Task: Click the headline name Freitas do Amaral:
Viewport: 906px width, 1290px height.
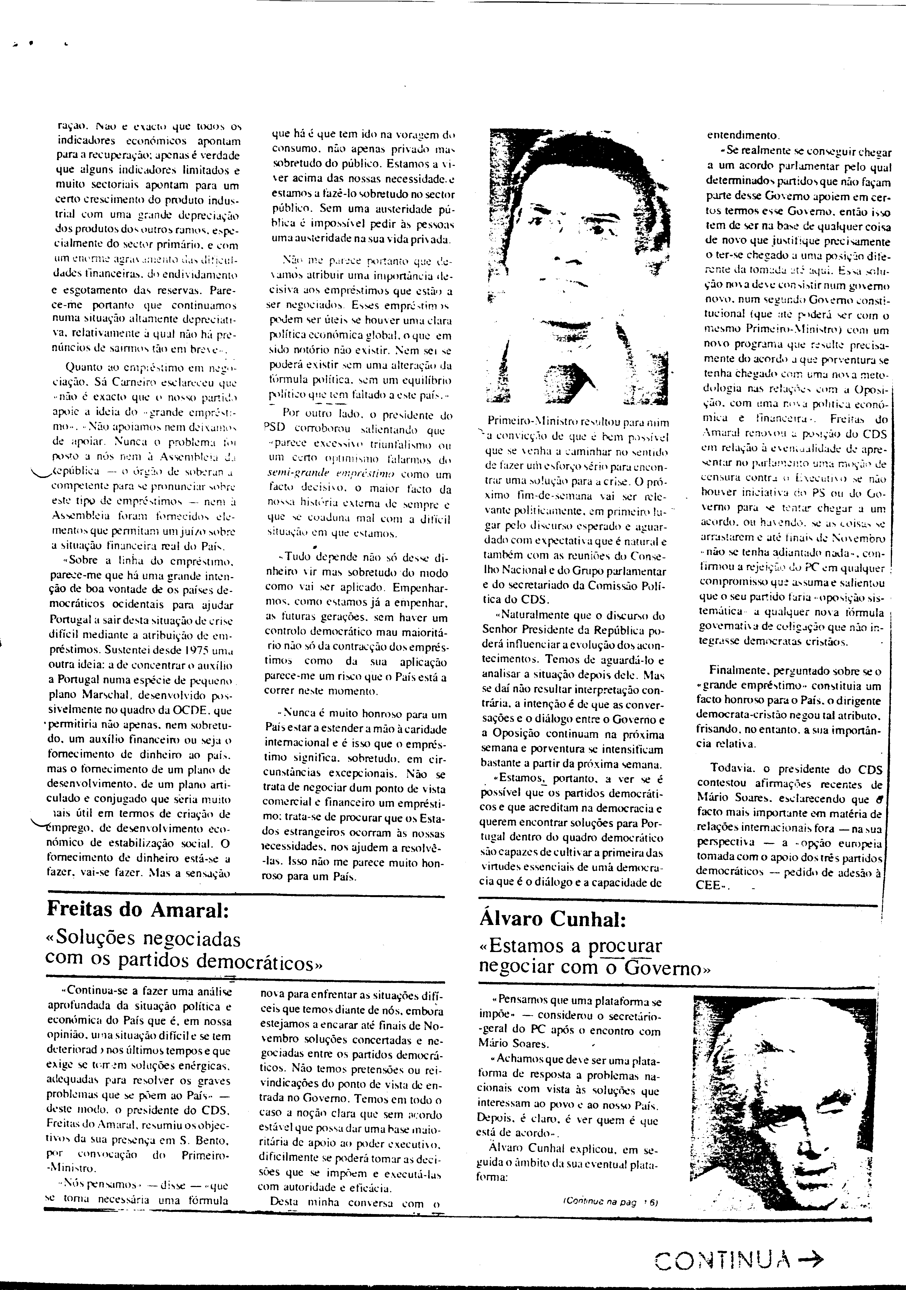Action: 138,909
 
